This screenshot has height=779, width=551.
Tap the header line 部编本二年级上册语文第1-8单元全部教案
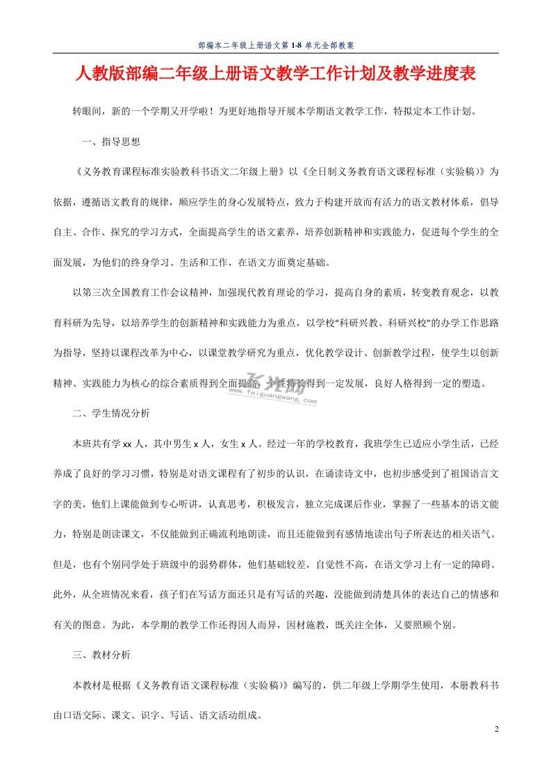(x=276, y=44)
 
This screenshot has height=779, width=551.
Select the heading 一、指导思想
(x=111, y=142)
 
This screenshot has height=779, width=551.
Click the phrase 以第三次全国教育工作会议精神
(x=142, y=293)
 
